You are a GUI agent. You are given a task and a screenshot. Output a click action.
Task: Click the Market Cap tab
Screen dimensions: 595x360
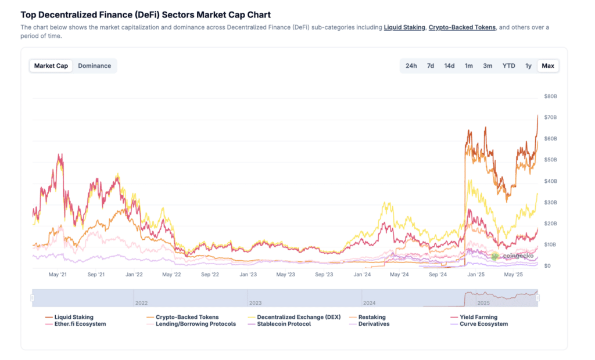pyautogui.click(x=51, y=66)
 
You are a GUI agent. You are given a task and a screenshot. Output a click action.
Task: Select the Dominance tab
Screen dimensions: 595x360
pyautogui.click(x=95, y=66)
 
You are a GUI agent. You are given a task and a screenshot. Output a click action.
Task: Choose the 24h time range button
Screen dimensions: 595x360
pyautogui.click(x=411, y=66)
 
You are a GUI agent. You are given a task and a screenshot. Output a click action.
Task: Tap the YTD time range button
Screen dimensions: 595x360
pyautogui.click(x=508, y=66)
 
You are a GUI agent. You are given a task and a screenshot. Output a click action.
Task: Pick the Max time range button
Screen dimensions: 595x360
pyautogui.click(x=547, y=66)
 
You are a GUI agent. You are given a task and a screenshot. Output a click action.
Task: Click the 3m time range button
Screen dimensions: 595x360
pyautogui.click(x=488, y=66)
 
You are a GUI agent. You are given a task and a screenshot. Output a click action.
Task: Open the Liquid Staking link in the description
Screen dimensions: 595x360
pyautogui.click(x=404, y=27)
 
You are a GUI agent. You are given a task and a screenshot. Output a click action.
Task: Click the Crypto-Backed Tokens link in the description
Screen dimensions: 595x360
pyautogui.click(x=462, y=27)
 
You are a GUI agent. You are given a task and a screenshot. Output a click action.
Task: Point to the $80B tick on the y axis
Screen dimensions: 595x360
pyautogui.click(x=551, y=96)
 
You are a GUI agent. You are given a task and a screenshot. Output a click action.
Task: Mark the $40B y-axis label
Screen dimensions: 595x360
pyautogui.click(x=551, y=181)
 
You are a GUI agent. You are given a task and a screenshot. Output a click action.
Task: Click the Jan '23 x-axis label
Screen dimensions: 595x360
pyautogui.click(x=248, y=274)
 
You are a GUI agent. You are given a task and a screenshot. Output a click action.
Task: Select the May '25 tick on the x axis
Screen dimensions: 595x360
pyautogui.click(x=514, y=274)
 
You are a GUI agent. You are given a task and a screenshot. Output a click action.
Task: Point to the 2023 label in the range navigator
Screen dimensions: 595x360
pyautogui.click(x=256, y=303)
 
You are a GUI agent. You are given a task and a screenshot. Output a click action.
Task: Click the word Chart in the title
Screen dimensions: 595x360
pyautogui.click(x=259, y=15)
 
